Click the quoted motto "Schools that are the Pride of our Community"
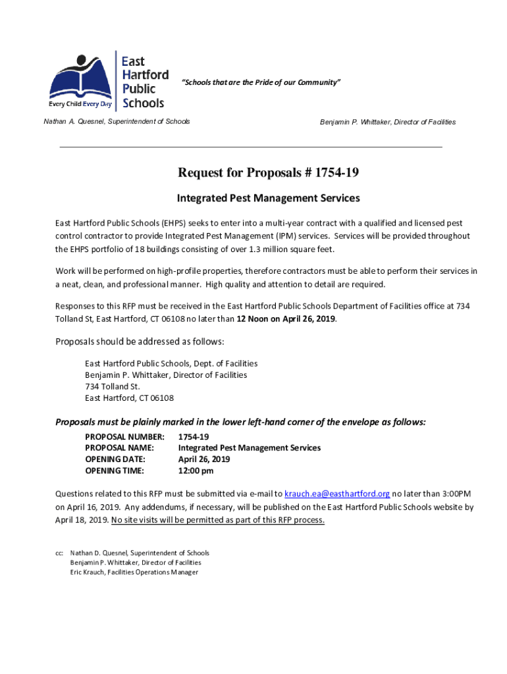pyautogui.click(x=261, y=82)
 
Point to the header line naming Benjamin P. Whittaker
pyautogui.click(x=387, y=122)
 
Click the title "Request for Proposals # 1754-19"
pyautogui.click(x=268, y=173)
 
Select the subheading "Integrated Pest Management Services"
pyautogui.click(x=268, y=197)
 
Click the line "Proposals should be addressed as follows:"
pyautogui.click(x=140, y=342)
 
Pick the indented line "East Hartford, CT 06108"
pyautogui.click(x=129, y=398)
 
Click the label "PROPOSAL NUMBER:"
pyautogui.click(x=124, y=436)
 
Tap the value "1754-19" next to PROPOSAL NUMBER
pyautogui.click(x=194, y=436)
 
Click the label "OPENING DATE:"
pyautogui.click(x=115, y=459)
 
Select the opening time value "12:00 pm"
pyautogui.click(x=196, y=470)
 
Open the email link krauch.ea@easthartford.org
pyautogui.click(x=337, y=494)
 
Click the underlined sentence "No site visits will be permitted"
pyautogui.click(x=218, y=519)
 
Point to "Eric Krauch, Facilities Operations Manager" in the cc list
pyautogui.click(x=134, y=572)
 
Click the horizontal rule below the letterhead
pyautogui.click(x=251, y=147)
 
